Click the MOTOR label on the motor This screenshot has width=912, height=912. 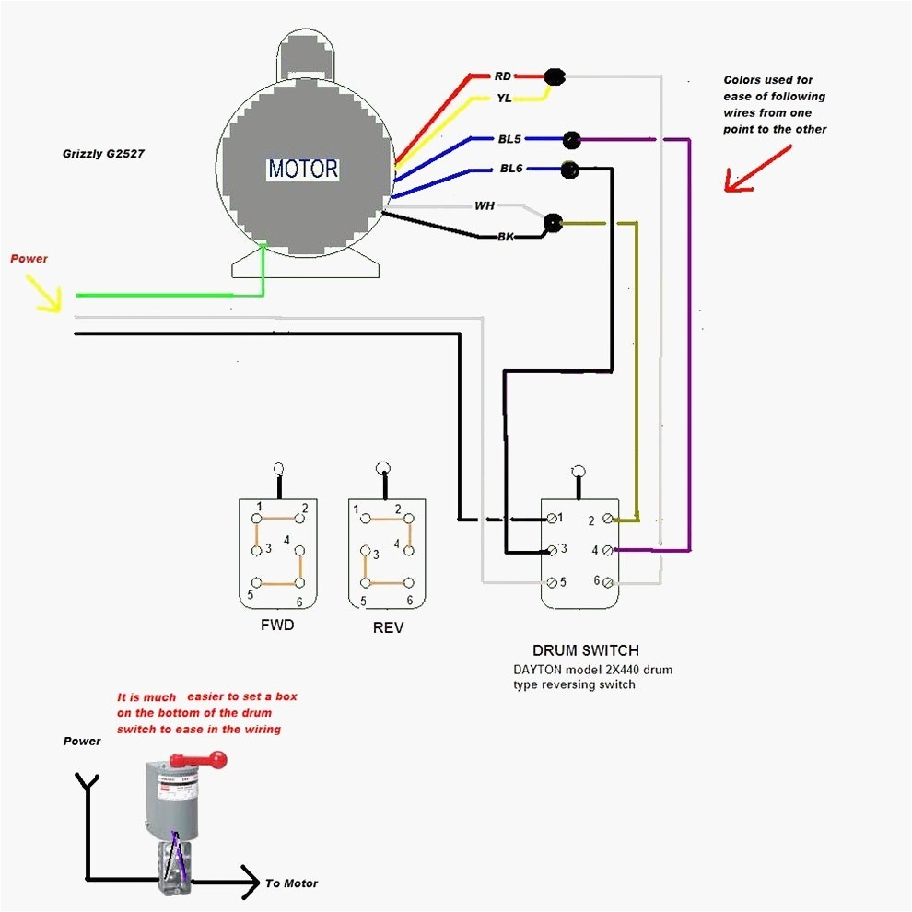point(303,170)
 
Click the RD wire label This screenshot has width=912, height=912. point(502,76)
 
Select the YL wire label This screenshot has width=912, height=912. point(504,98)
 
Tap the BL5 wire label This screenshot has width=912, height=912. point(509,139)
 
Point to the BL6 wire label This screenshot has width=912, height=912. point(511,170)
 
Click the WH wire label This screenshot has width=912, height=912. point(485,205)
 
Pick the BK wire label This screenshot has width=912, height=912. point(505,237)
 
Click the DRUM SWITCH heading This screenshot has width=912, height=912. point(585,650)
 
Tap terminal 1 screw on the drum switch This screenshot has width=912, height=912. point(551,520)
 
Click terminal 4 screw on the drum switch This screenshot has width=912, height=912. point(607,550)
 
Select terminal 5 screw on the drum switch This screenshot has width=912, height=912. point(551,581)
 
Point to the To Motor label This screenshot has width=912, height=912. point(291,883)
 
